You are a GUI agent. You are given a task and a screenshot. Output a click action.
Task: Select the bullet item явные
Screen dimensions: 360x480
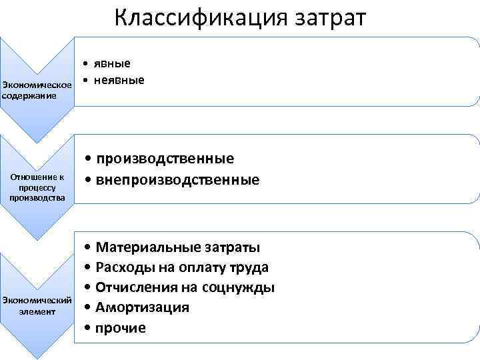coord(112,64)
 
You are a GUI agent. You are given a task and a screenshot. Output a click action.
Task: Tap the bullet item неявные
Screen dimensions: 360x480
coord(120,80)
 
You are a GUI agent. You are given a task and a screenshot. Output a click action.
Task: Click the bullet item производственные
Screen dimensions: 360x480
coord(164,159)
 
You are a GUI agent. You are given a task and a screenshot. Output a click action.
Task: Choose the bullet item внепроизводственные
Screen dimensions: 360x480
coord(177,179)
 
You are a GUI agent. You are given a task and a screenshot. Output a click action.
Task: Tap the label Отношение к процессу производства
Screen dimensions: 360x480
coord(37,187)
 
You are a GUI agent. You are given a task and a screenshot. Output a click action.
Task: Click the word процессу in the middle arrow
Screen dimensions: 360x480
coord(37,188)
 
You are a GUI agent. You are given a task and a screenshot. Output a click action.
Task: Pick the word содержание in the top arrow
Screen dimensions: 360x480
coord(29,96)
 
